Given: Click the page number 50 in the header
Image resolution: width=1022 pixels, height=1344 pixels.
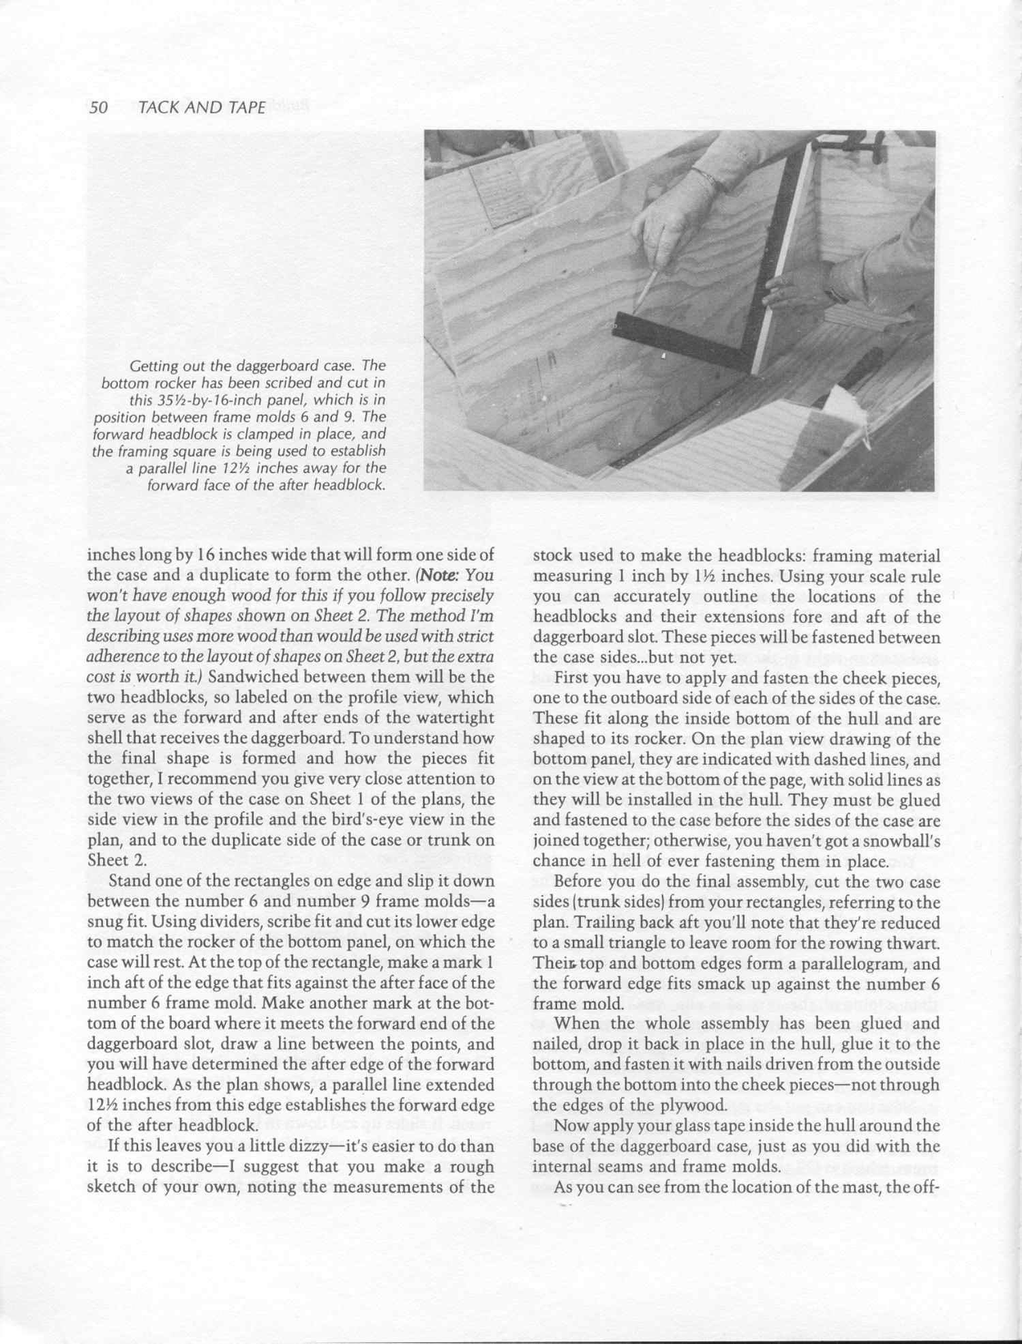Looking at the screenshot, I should point(99,107).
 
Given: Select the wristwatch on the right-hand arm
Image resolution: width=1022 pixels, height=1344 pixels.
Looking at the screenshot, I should point(836,296).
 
